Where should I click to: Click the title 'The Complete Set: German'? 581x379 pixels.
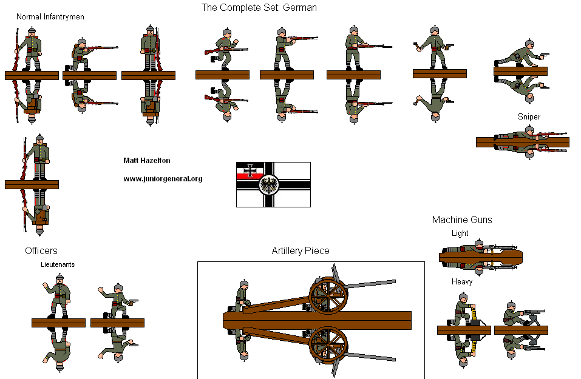click(x=259, y=8)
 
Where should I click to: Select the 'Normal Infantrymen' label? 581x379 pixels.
click(x=50, y=17)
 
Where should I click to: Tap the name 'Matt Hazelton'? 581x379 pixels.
click(x=147, y=161)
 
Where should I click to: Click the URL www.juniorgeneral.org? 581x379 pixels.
click(x=163, y=179)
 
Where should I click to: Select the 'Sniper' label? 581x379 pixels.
click(x=529, y=116)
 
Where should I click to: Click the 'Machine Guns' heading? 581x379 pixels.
click(x=462, y=220)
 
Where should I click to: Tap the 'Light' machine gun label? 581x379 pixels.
click(x=460, y=233)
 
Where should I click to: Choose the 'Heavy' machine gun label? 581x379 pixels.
click(x=462, y=282)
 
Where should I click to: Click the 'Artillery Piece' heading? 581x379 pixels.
click(x=301, y=251)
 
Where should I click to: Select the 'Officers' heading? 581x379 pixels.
click(x=41, y=250)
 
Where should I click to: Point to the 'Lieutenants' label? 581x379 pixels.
click(x=58, y=264)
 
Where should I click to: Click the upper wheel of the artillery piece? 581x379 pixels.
click(x=328, y=295)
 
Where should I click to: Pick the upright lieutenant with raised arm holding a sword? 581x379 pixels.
click(x=58, y=296)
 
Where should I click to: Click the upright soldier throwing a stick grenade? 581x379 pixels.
click(x=433, y=49)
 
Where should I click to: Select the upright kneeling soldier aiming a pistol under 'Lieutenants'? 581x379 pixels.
click(x=117, y=301)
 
